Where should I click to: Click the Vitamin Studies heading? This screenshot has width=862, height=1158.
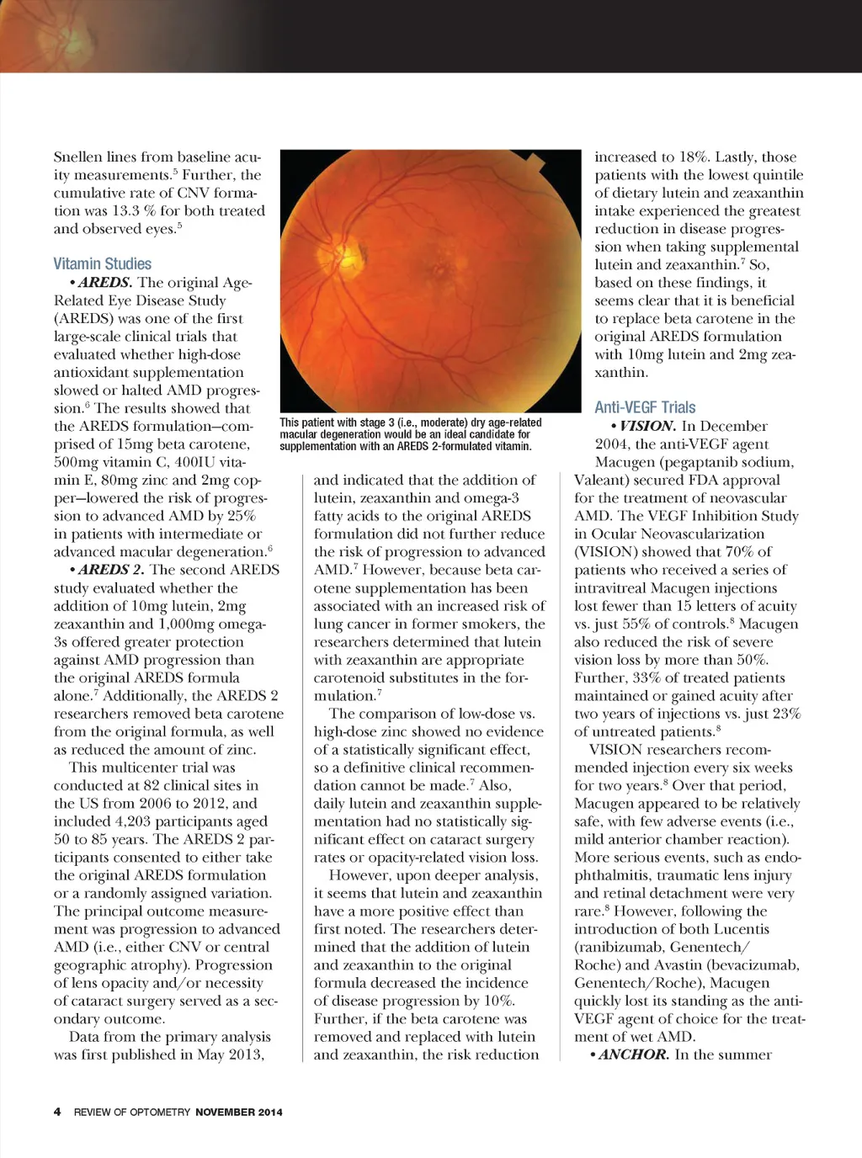coord(103,263)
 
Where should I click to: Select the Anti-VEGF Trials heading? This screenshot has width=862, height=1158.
coord(645,407)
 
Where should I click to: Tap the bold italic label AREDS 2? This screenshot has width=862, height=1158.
coord(111,570)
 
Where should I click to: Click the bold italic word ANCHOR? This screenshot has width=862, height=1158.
coord(634,1054)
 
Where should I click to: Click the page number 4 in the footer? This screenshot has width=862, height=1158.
coord(57,1112)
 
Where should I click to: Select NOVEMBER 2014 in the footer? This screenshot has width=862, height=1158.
coord(239,1112)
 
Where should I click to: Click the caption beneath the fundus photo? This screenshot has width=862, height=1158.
coord(410,434)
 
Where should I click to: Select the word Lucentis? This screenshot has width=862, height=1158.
coord(740,929)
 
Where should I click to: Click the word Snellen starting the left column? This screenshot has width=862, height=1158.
coord(77,157)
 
